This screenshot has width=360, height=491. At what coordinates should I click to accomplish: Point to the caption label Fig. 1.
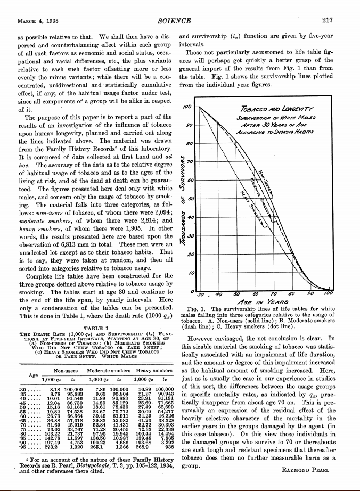(191, 309)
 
